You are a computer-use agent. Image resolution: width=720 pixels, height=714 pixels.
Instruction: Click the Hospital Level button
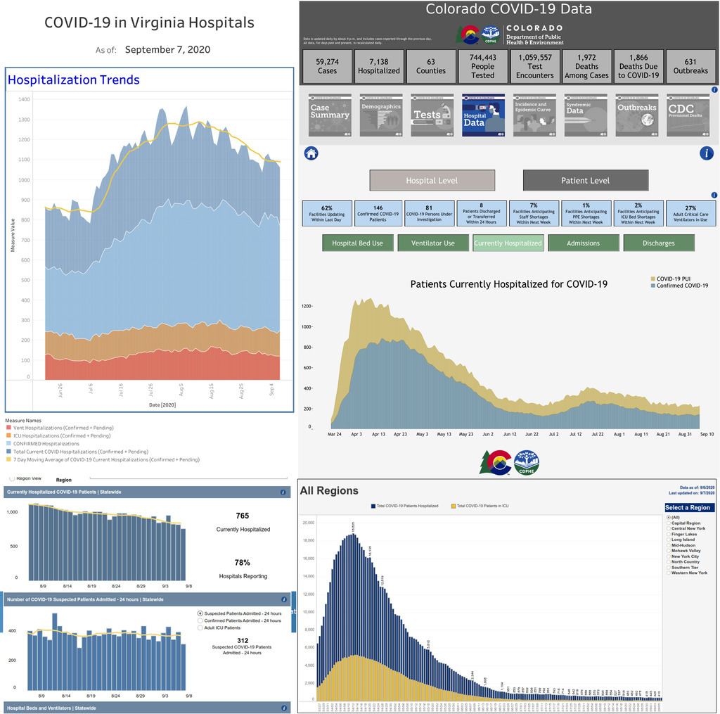click(432, 181)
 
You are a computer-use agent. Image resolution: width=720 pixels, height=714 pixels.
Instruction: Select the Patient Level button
click(585, 181)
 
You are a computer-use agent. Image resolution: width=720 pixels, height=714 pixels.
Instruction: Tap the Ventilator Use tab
click(432, 243)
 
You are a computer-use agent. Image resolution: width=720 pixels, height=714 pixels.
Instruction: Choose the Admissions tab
click(583, 243)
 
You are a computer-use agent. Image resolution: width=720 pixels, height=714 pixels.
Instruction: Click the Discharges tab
click(658, 243)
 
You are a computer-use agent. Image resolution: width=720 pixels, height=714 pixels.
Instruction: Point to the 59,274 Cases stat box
click(327, 66)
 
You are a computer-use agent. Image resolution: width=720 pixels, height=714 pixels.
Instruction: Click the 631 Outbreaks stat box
click(690, 66)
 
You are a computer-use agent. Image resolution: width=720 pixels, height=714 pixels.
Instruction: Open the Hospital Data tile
click(482, 115)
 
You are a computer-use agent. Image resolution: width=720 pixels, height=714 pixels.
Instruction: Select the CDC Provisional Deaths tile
click(688, 115)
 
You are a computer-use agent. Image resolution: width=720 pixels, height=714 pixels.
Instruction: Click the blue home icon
click(311, 153)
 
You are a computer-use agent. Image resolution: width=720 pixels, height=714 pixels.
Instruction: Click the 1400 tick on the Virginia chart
click(25, 100)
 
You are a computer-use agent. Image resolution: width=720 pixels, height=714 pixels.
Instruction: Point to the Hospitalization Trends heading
click(73, 80)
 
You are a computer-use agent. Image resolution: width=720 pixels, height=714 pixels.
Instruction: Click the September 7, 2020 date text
click(167, 50)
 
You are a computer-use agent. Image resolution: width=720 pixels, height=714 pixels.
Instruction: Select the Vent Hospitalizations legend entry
click(60, 428)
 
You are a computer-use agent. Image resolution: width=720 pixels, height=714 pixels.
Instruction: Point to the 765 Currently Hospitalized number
click(243, 516)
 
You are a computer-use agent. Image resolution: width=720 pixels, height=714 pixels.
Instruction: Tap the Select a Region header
click(690, 508)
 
